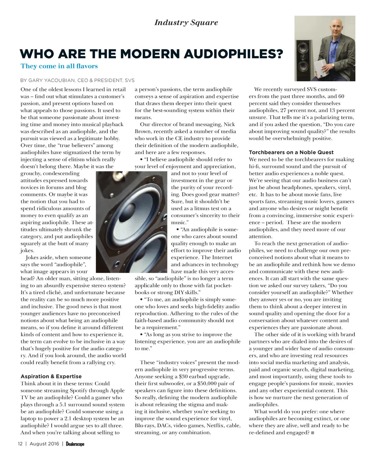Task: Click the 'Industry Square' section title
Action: pyautogui.click(x=186, y=23)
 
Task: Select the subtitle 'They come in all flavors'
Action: pyautogui.click(x=59, y=66)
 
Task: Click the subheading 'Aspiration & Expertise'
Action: pyautogui.click(x=51, y=376)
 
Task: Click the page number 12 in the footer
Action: pyautogui.click(x=20, y=444)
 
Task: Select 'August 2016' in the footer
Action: pyautogui.click(x=44, y=444)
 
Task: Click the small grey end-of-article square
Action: pyautogui.click(x=313, y=433)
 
